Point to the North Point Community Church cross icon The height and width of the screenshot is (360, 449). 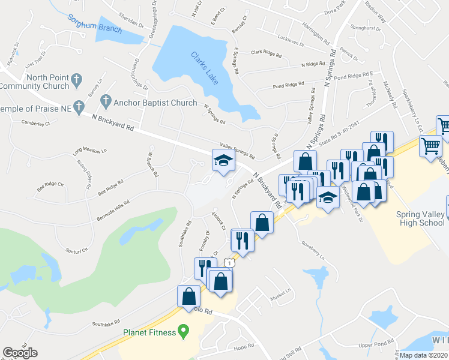click(x=76, y=79)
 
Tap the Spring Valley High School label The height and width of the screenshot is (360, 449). click(x=420, y=219)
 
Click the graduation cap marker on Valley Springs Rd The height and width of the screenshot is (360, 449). click(x=223, y=160)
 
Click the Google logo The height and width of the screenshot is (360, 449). click(x=20, y=352)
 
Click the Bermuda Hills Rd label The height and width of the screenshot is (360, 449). click(x=113, y=211)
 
